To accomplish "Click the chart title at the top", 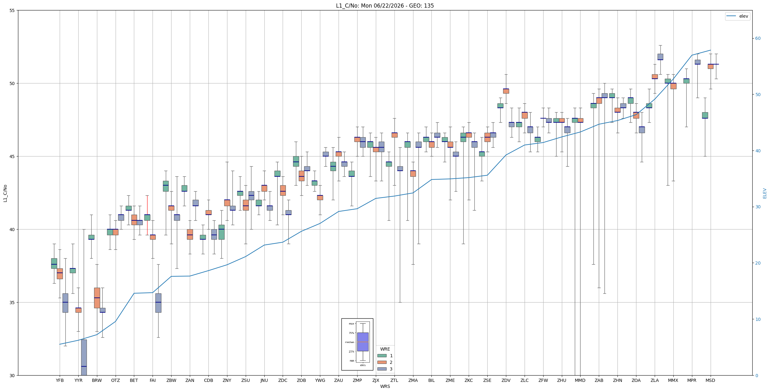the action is [x=385, y=6].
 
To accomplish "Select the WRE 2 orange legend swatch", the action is [x=382, y=362].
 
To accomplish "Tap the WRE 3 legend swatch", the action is [x=382, y=369].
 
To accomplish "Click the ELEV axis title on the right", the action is [x=765, y=193].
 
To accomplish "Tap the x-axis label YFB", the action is [x=60, y=380].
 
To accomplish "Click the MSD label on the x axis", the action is [x=710, y=380].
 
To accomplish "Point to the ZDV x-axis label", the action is [x=506, y=380].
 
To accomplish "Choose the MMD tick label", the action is [x=580, y=380].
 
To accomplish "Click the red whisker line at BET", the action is [x=147, y=215].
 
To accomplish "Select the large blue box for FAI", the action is [x=158, y=303].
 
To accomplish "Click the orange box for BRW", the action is [x=97, y=298].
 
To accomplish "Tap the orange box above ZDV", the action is [x=506, y=91].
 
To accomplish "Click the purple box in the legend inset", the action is [x=363, y=342].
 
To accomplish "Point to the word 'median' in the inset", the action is [x=350, y=342].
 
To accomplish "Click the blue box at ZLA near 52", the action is [x=660, y=57].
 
